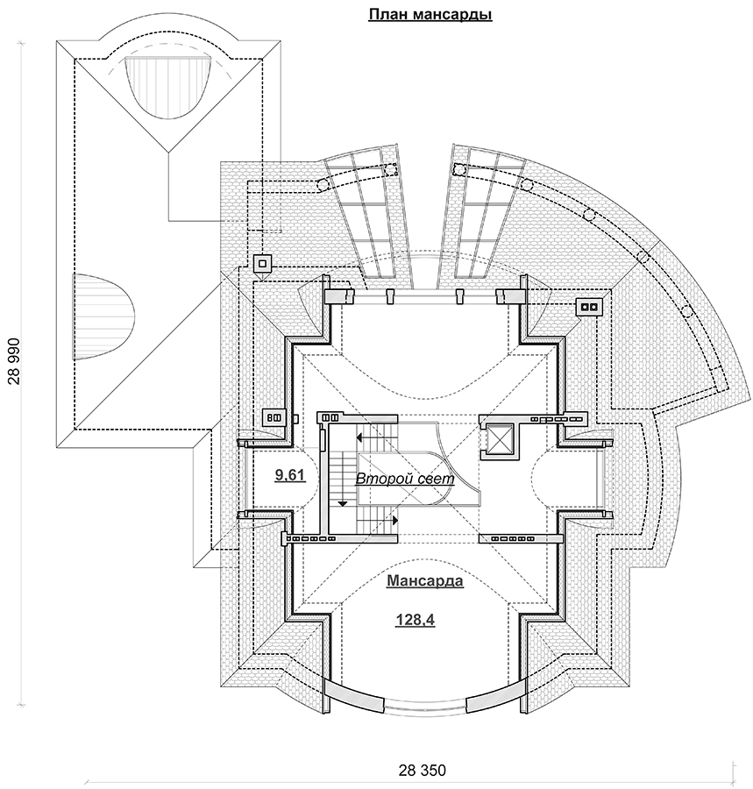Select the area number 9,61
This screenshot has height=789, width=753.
[290, 475]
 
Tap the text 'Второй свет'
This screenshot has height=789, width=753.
[404, 480]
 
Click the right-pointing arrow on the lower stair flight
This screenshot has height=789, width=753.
[396, 520]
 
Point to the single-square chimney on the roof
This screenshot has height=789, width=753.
[262, 262]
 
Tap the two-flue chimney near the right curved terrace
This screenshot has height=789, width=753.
[587, 307]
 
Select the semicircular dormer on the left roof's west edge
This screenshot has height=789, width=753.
[101, 316]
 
